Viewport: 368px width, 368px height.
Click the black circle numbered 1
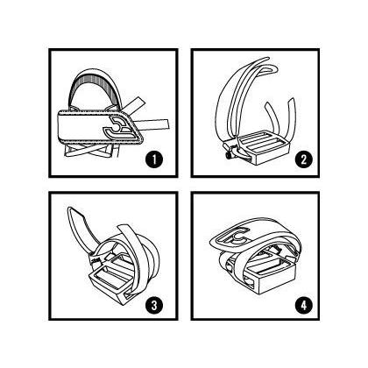pos(154,159)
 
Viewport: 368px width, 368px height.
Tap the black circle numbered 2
pos(303,159)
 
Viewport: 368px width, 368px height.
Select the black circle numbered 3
pos(154,306)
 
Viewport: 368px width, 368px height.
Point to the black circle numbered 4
pos(303,306)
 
